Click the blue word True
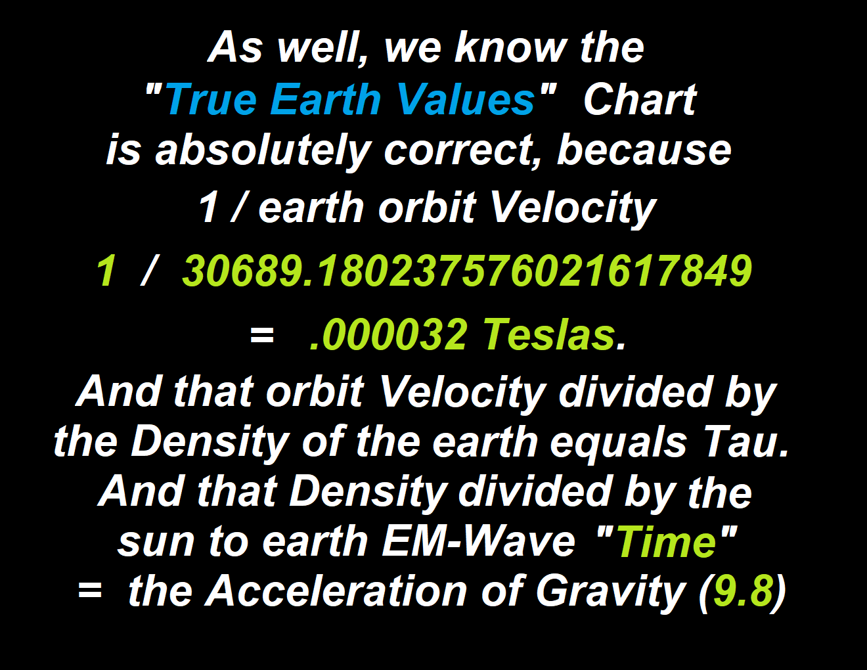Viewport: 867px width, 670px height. click(x=211, y=99)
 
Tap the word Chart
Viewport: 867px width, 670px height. click(x=640, y=99)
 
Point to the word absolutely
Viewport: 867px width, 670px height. click(x=264, y=152)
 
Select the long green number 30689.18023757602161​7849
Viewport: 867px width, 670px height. click(x=467, y=271)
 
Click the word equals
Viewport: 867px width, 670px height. click(x=619, y=445)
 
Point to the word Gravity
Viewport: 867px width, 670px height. click(x=610, y=593)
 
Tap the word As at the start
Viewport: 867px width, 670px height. click(x=235, y=47)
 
